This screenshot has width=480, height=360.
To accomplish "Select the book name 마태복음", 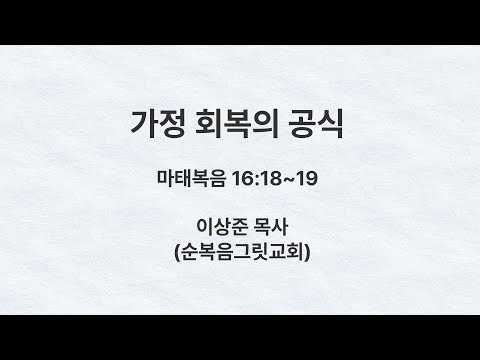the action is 191,178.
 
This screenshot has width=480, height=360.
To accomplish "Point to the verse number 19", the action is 307,179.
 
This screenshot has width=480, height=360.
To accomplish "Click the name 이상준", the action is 221,227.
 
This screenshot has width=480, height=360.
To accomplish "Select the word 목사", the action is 270,227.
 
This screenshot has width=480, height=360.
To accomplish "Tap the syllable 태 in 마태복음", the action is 183,178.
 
